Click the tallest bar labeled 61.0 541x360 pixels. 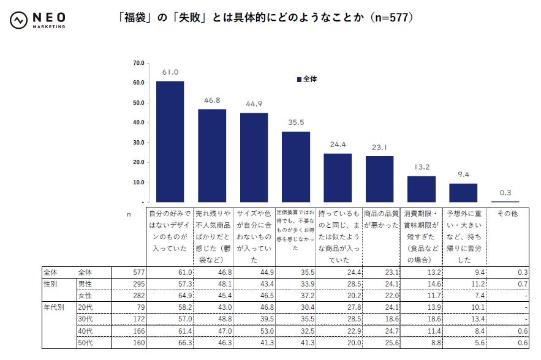(x=170, y=141)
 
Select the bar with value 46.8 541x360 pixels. (x=212, y=156)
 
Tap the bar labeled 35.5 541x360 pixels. (x=296, y=167)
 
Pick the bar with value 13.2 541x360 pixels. (x=422, y=189)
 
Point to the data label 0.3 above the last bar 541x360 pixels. (x=505, y=193)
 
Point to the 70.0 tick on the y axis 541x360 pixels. (x=138, y=63)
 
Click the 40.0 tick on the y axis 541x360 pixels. (x=138, y=122)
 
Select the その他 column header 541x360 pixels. (x=507, y=214)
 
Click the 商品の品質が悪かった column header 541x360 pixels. (x=381, y=219)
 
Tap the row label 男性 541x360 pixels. (x=85, y=284)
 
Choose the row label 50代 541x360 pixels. (x=85, y=343)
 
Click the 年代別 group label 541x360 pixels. (x=53, y=307)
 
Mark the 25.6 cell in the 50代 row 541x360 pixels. (x=381, y=343)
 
